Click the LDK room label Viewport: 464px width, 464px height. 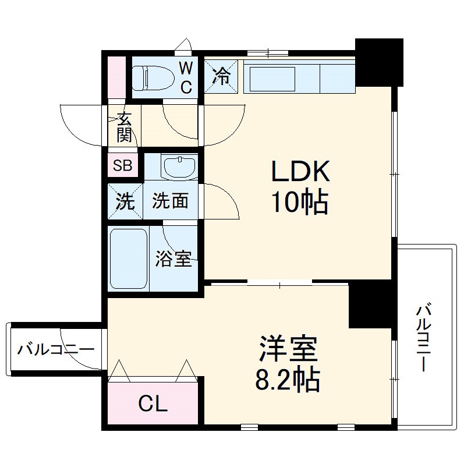(300, 172)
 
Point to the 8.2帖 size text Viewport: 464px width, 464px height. (287, 380)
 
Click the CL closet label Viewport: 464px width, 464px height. (153, 403)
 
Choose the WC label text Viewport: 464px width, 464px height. (185, 77)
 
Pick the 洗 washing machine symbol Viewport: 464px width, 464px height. (124, 201)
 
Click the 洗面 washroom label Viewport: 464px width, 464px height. (170, 201)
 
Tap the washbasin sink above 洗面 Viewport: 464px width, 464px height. (180, 168)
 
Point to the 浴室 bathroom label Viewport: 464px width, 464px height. (173, 260)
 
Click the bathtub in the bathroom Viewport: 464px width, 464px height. (129, 258)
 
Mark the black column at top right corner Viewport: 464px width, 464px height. (379, 61)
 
